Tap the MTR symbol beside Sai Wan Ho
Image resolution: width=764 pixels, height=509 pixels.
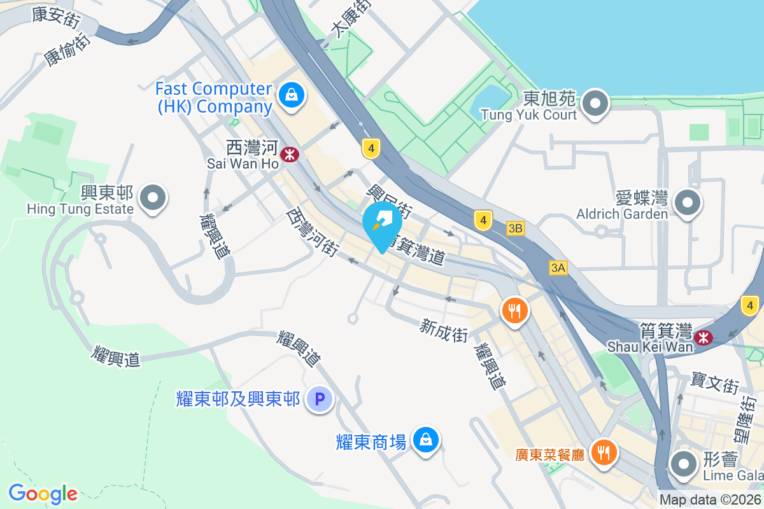point(290,154)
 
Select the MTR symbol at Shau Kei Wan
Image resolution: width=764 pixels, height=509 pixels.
point(704,338)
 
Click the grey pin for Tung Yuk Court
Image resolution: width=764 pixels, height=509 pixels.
point(595,103)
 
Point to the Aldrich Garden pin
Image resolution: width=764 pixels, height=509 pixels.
point(688,204)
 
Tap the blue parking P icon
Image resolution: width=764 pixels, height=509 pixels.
point(320,400)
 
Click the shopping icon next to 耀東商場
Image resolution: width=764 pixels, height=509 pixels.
point(425,439)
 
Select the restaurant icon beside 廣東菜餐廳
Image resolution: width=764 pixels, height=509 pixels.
point(602,452)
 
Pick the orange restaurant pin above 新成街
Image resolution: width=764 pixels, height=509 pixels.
point(515,310)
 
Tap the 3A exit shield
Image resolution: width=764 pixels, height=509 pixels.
point(558,268)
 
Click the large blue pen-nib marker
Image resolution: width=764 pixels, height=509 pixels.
point(382,225)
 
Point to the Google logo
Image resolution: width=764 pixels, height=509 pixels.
point(43,494)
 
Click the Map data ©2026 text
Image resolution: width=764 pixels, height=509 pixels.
point(710,500)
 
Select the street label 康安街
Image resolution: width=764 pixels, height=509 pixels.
point(56,17)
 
